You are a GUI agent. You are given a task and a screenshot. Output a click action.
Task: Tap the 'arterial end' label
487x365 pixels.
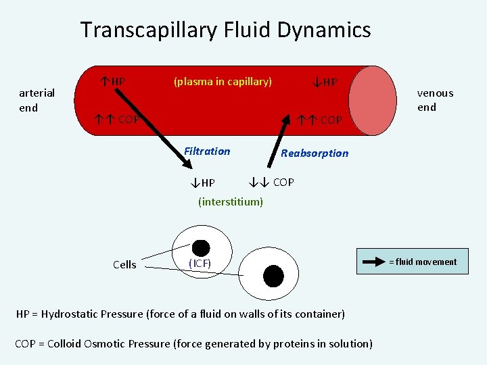click(37, 100)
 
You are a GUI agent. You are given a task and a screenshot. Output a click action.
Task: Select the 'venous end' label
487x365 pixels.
click(435, 100)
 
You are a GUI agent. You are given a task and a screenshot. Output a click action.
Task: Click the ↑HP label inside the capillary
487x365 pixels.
click(112, 82)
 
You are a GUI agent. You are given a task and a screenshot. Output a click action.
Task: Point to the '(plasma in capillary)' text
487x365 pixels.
click(223, 82)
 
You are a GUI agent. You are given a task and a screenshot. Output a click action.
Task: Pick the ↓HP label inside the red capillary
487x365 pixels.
click(325, 82)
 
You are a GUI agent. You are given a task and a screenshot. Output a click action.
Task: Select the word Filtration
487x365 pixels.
click(207, 151)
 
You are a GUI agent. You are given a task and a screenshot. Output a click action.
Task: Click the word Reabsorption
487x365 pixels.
click(315, 153)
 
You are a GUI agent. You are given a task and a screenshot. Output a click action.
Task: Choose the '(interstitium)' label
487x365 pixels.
click(231, 201)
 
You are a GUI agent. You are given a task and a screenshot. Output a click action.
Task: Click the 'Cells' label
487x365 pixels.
click(124, 265)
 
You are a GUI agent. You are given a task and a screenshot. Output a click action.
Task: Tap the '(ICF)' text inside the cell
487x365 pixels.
click(200, 263)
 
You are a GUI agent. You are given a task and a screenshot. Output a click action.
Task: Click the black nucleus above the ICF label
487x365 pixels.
click(201, 247)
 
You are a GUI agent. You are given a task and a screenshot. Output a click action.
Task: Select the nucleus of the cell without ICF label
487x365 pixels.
click(273, 275)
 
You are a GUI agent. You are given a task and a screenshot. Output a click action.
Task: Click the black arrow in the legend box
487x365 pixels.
click(373, 262)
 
